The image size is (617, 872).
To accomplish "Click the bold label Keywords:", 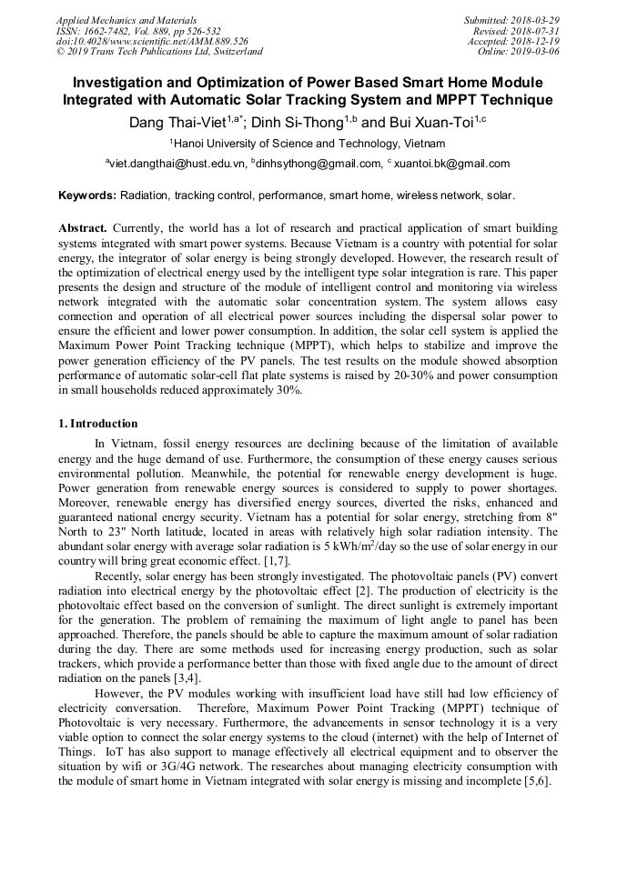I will (x=87, y=195).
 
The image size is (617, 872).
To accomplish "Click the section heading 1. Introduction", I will (x=98, y=424).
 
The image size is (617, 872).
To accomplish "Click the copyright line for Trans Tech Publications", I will (x=159, y=52).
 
